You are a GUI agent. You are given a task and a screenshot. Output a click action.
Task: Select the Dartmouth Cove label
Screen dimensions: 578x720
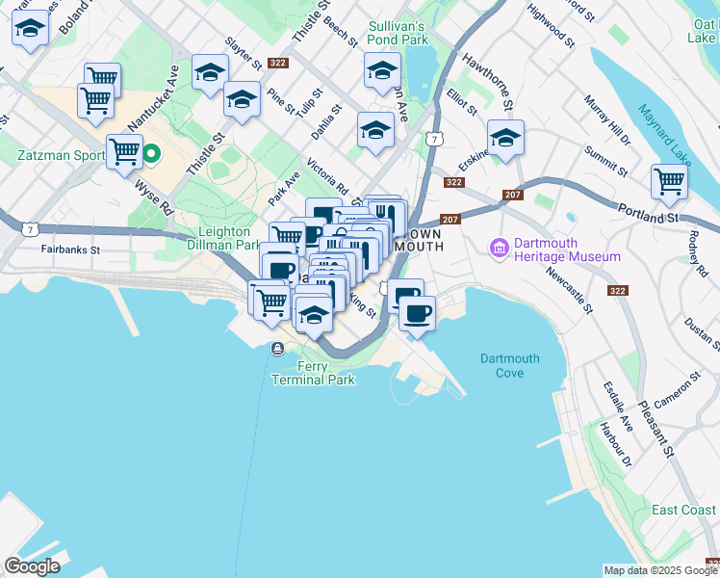tap(509, 365)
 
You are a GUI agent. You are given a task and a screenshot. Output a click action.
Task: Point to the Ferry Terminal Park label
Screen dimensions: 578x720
tap(312, 373)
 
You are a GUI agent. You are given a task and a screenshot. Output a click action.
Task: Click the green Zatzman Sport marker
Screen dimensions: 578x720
tap(151, 153)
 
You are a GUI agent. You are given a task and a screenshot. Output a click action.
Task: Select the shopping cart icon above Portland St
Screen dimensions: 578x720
tap(669, 179)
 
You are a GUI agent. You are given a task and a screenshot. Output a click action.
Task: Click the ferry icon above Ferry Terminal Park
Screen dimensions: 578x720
tap(277, 349)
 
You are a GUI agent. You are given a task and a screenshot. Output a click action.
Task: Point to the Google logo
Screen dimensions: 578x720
tap(32, 565)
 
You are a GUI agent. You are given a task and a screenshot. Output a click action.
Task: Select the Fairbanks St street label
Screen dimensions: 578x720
tap(71, 249)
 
